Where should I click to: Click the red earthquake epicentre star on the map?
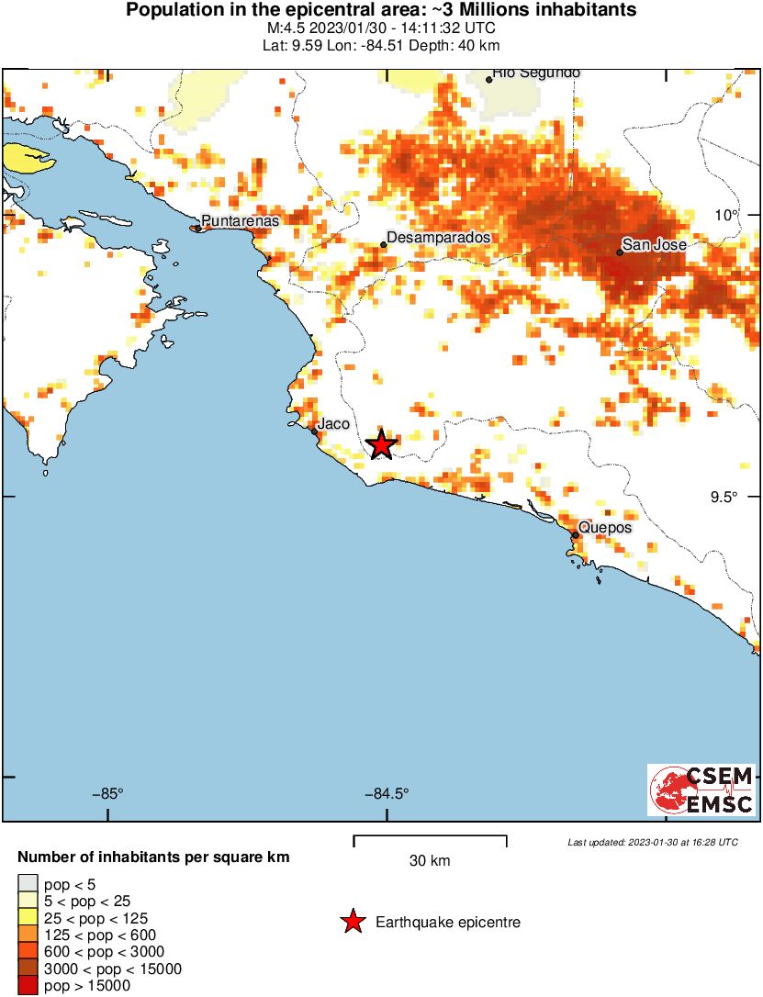pyautogui.click(x=381, y=445)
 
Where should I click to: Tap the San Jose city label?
pyautogui.click(x=654, y=245)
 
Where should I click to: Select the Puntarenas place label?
pyautogui.click(x=240, y=220)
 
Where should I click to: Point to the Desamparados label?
pyautogui.click(x=438, y=238)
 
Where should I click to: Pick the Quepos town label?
pyautogui.click(x=604, y=529)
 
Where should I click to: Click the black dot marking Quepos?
pyautogui.click(x=575, y=534)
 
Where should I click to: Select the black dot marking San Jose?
pyautogui.click(x=620, y=252)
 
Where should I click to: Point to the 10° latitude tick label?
pyautogui.click(x=728, y=215)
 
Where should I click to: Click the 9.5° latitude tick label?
pyautogui.click(x=724, y=498)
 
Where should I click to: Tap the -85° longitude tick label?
pyautogui.click(x=107, y=794)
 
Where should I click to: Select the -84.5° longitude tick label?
pyautogui.click(x=387, y=794)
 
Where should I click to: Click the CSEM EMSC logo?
pyautogui.click(x=702, y=790)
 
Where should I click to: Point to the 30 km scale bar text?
pyautogui.click(x=430, y=861)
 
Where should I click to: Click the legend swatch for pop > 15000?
pyautogui.click(x=28, y=987)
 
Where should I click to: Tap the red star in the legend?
pyautogui.click(x=353, y=922)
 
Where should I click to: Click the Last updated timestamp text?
pyautogui.click(x=652, y=842)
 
